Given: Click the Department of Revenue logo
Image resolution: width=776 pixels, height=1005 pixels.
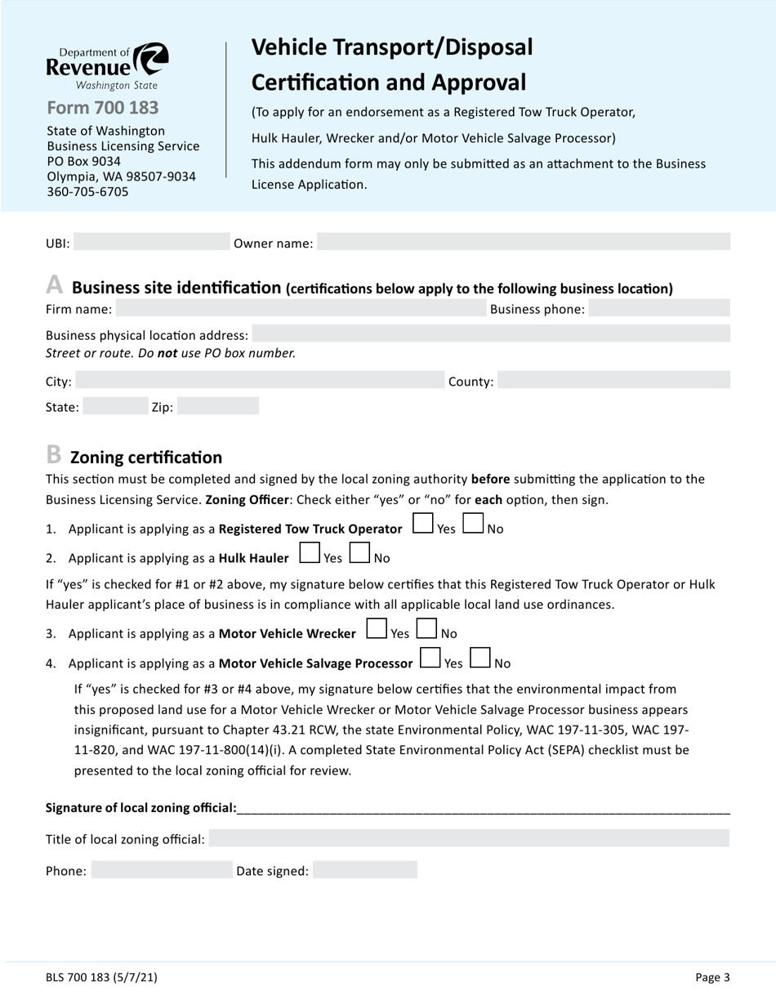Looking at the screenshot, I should (107, 66).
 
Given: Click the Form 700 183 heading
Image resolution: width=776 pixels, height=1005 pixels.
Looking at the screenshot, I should (103, 108).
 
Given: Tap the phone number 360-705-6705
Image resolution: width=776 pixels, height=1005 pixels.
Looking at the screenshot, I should (87, 192).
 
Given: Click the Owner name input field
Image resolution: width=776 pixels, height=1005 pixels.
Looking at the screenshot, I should (523, 243).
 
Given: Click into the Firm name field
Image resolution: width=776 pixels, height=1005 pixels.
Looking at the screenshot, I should (301, 309).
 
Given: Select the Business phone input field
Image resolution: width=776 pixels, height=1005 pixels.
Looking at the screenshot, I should (658, 309).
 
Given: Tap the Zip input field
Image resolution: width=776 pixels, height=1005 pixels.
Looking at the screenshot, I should (218, 407).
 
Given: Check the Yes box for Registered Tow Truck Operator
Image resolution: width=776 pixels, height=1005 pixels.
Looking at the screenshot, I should (423, 524).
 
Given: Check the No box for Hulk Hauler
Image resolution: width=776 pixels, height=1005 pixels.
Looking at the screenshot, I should (359, 554).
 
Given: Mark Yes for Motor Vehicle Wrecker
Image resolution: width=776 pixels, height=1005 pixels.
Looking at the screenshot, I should (377, 629).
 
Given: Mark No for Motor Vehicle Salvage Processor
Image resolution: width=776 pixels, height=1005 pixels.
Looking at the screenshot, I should (480, 659).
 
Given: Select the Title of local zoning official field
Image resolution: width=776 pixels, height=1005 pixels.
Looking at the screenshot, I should (469, 839).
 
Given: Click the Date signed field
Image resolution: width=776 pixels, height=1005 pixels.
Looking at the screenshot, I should (364, 871).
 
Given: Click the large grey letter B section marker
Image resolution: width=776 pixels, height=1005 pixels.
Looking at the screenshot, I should (54, 454).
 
